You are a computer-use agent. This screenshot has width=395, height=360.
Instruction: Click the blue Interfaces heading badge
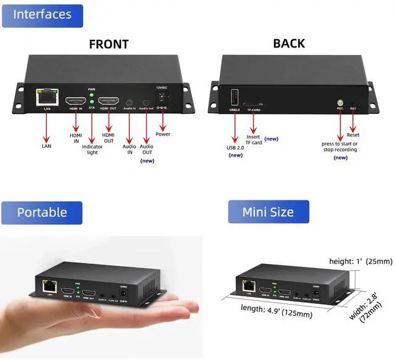(x=43, y=14)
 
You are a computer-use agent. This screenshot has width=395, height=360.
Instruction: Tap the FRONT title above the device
(x=109, y=44)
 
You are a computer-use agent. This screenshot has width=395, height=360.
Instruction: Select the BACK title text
(x=289, y=43)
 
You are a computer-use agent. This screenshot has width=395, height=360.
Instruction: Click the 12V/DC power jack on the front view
(x=163, y=98)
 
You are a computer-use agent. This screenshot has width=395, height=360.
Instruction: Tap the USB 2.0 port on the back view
(x=235, y=97)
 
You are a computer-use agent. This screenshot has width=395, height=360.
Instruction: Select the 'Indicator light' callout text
(x=92, y=150)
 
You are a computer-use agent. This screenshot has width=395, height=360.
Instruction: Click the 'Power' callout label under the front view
(x=163, y=134)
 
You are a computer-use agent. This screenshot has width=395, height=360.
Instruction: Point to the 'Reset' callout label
(x=353, y=134)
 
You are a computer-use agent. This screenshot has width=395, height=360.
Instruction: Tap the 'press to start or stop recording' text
(x=340, y=147)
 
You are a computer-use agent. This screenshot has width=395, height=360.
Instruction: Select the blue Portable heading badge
(x=42, y=213)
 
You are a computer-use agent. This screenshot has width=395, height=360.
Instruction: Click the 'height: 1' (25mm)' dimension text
(x=360, y=261)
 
